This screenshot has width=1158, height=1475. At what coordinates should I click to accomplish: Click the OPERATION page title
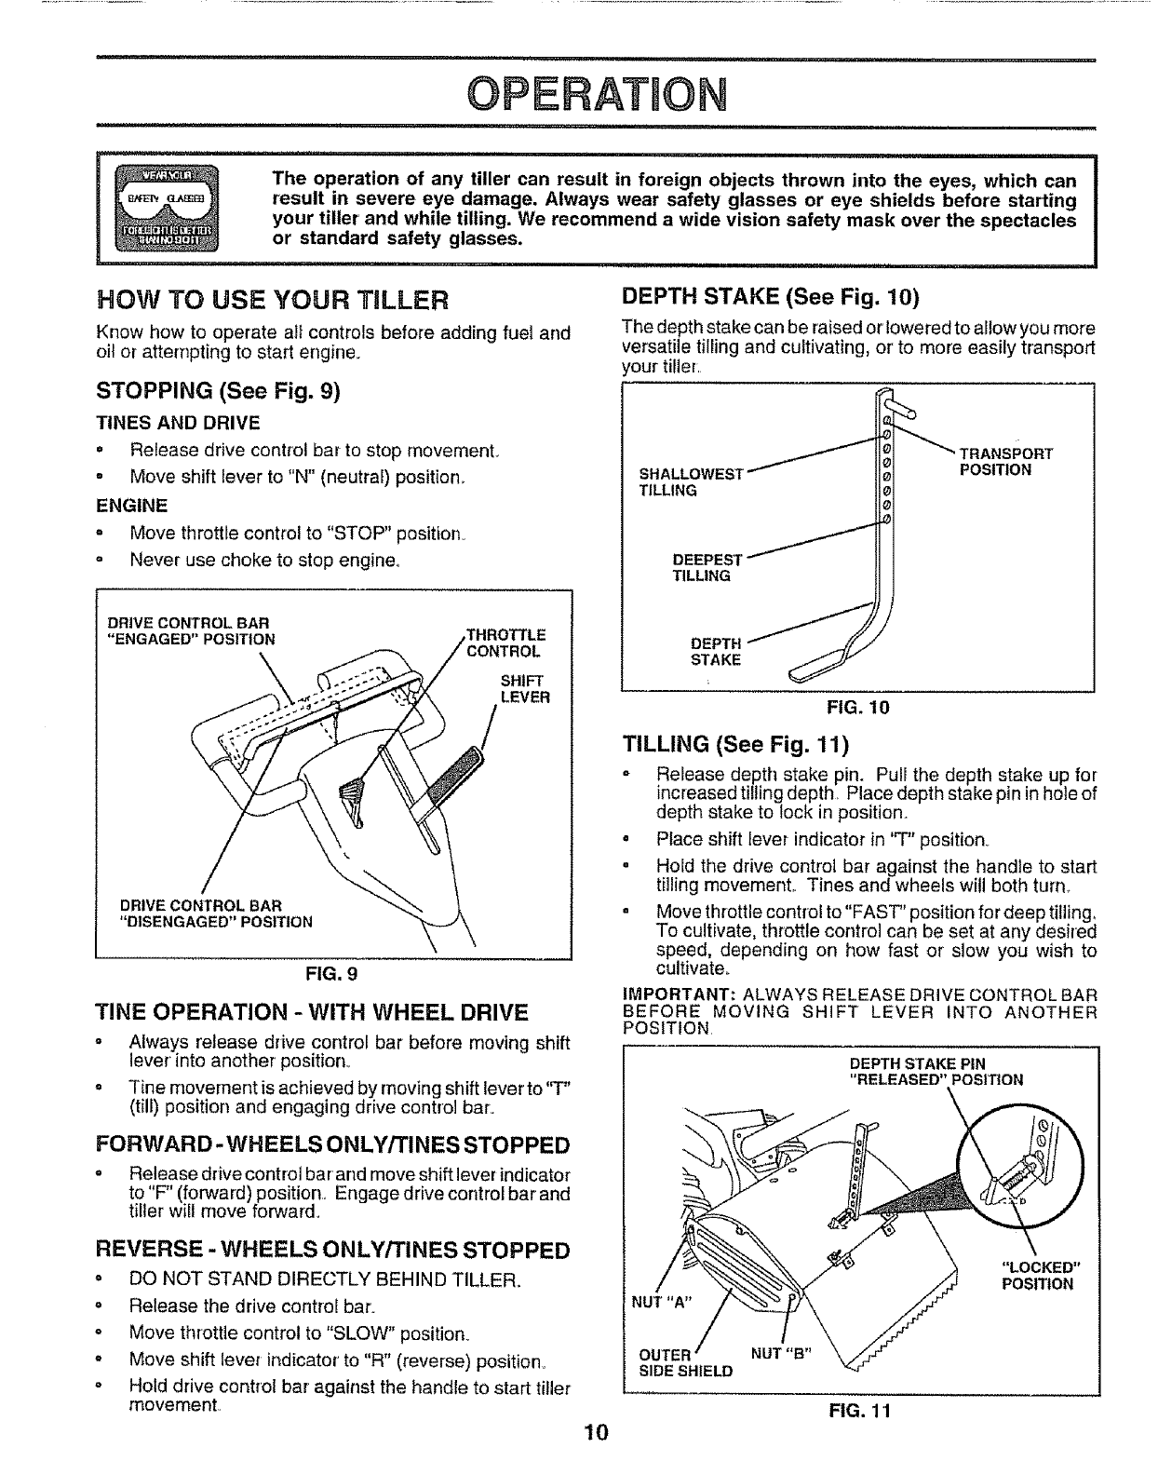pos(596,94)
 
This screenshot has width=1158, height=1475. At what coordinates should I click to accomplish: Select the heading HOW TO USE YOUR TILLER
pos(273,300)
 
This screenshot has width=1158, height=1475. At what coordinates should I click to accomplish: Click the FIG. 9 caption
pos(332,974)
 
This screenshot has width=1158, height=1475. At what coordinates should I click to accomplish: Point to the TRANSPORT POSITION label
pos(1005,462)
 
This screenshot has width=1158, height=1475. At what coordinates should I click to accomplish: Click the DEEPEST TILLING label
pos(707,568)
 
